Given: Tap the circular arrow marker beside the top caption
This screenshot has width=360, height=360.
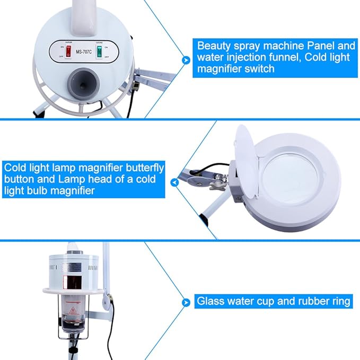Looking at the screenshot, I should tap(185, 60).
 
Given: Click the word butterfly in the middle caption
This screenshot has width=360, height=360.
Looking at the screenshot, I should tap(144, 167).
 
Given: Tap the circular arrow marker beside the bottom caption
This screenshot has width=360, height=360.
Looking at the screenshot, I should tap(185, 302).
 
